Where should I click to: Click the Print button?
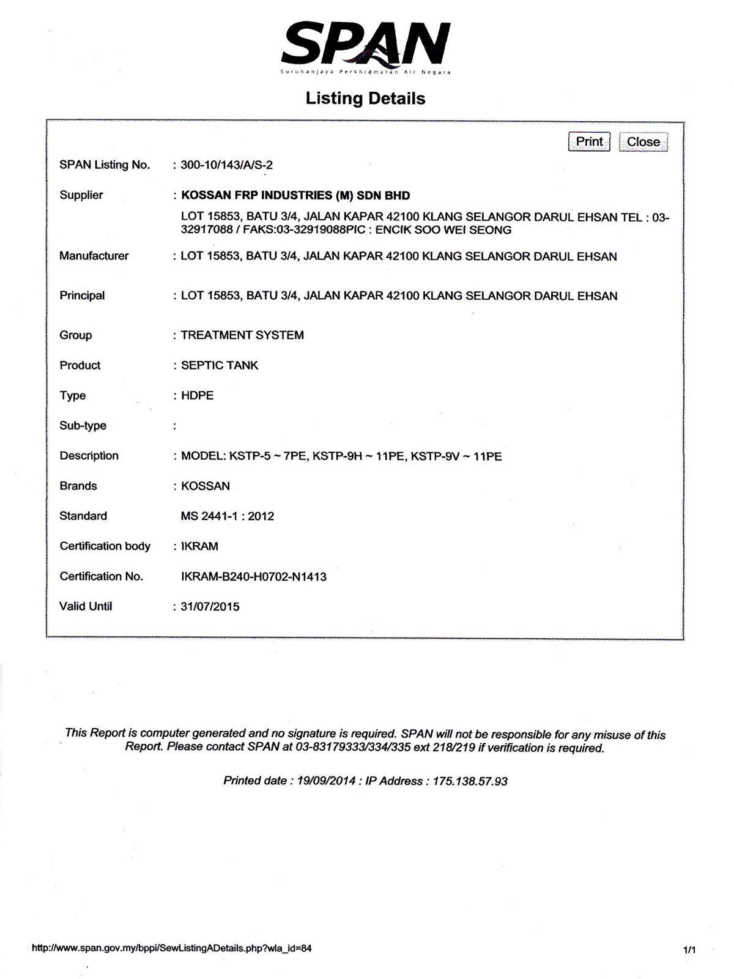(589, 142)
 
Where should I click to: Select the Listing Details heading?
(365, 99)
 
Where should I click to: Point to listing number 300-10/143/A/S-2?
(226, 165)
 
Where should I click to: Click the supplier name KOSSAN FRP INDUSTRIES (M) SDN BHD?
(295, 196)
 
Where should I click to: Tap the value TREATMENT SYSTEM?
(242, 335)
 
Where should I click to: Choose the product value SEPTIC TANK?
(220, 365)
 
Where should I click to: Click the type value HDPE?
(197, 396)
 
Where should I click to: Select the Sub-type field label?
(83, 426)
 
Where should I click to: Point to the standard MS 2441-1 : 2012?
(228, 516)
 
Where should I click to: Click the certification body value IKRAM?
(199, 546)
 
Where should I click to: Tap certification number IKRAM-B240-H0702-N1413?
(254, 577)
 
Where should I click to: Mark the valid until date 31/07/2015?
(210, 607)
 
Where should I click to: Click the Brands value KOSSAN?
(206, 486)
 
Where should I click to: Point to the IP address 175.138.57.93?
(470, 781)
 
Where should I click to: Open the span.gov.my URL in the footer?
(171, 948)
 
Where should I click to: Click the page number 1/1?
(689, 950)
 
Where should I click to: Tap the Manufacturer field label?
(94, 256)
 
